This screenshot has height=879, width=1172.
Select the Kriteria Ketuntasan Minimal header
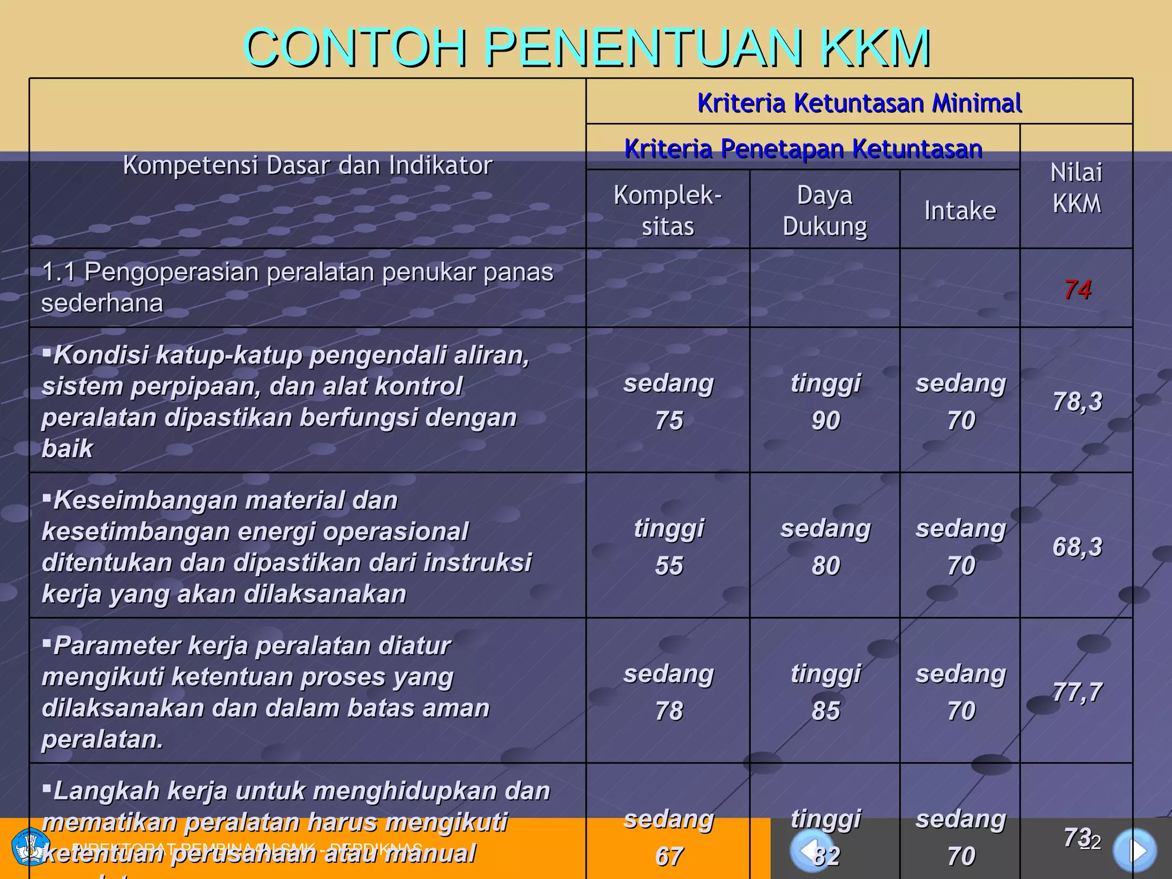tap(859, 103)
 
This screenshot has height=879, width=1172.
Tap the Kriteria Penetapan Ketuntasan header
tap(803, 149)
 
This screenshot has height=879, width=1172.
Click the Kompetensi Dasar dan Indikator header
tap(307, 165)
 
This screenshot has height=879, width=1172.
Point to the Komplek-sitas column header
tap(668, 211)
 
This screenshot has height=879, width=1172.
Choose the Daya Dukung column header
tap(825, 211)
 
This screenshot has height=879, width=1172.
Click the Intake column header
tap(960, 211)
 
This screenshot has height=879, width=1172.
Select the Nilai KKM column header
tap(1076, 188)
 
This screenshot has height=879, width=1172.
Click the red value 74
tap(1078, 290)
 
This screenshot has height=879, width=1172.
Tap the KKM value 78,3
tap(1078, 401)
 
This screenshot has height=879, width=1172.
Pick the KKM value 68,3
tap(1078, 547)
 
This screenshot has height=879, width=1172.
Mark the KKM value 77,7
tap(1078, 692)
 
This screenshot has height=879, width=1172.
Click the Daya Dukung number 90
tap(826, 421)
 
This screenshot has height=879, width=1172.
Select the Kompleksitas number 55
tap(669, 566)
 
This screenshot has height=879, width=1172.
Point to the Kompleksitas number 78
tap(669, 711)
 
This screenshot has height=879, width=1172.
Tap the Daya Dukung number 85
tap(826, 711)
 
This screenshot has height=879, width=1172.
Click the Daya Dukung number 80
tap(826, 566)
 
